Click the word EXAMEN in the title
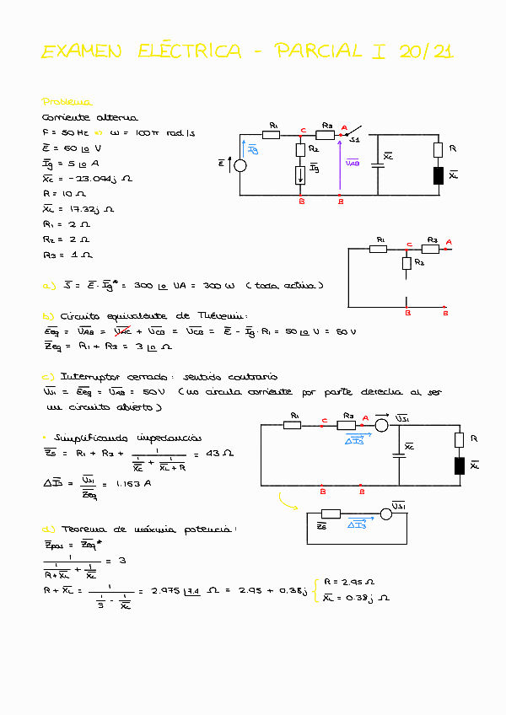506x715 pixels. pos(82,52)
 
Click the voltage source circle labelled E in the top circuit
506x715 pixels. pos(240,164)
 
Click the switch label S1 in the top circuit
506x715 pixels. pos(355,140)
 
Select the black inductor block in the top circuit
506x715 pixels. pos(438,175)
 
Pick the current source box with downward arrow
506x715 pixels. pos(301,175)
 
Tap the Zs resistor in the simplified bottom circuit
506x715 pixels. pos(331,513)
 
